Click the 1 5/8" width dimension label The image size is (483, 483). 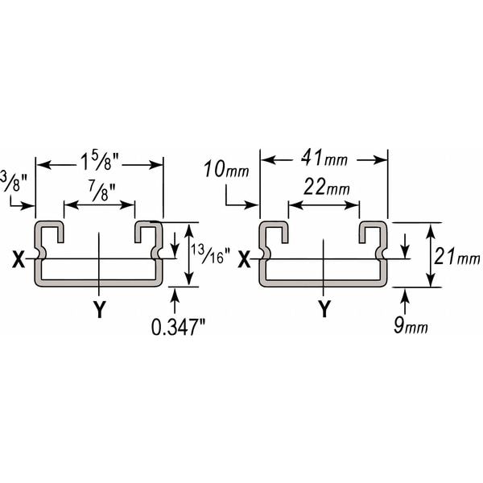(x=99, y=162)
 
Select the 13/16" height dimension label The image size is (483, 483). (x=211, y=254)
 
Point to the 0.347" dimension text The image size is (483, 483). (x=179, y=327)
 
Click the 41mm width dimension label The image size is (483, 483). (x=324, y=158)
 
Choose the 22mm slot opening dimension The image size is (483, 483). (x=327, y=187)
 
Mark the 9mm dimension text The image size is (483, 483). (x=411, y=325)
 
